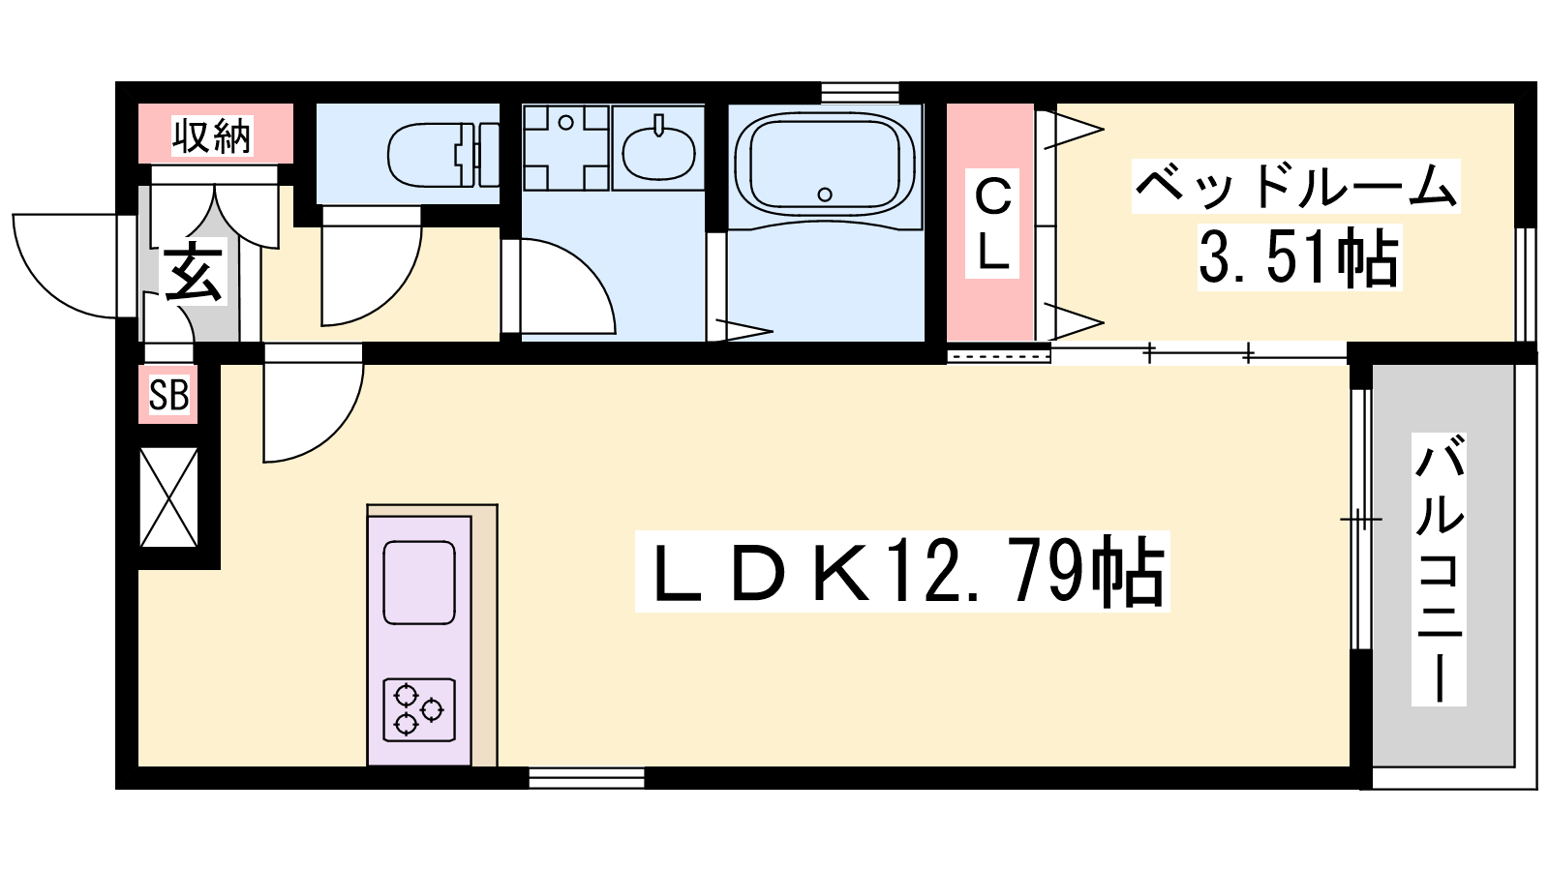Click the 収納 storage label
point(212,135)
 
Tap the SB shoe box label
point(168,396)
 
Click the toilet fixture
point(443,155)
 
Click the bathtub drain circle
point(824,195)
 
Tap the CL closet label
point(992,224)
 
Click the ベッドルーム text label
point(1296,186)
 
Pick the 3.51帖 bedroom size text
point(1298,257)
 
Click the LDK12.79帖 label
point(902,572)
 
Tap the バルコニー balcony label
point(1439,569)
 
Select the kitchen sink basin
point(419,583)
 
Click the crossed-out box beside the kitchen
point(168,497)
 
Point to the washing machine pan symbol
point(565,147)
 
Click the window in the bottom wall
point(587,778)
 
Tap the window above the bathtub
point(861,93)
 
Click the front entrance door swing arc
point(66,266)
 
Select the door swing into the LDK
point(314,403)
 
